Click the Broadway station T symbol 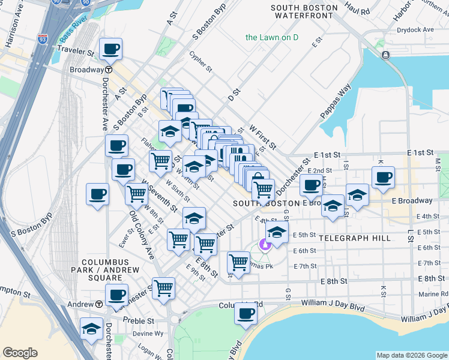point(110,70)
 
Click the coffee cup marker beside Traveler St point(111,49)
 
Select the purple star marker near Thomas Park point(264,244)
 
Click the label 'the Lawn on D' point(272,37)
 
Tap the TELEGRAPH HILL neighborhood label point(355,238)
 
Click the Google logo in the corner point(20,353)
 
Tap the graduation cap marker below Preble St point(92,329)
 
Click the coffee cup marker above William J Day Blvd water point(245,313)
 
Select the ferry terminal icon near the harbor point(385,55)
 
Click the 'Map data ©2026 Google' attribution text point(411,355)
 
